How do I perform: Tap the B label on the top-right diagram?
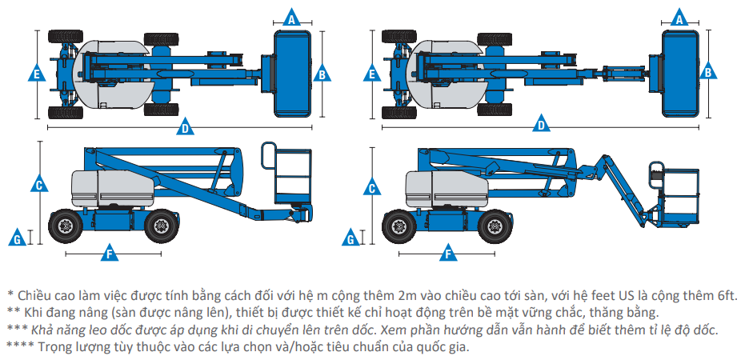[322, 74]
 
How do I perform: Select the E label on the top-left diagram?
[36, 74]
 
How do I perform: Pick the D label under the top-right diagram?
[542, 125]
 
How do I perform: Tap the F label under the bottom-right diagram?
[447, 254]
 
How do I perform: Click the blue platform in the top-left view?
[292, 74]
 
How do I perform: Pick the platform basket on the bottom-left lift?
[290, 178]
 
